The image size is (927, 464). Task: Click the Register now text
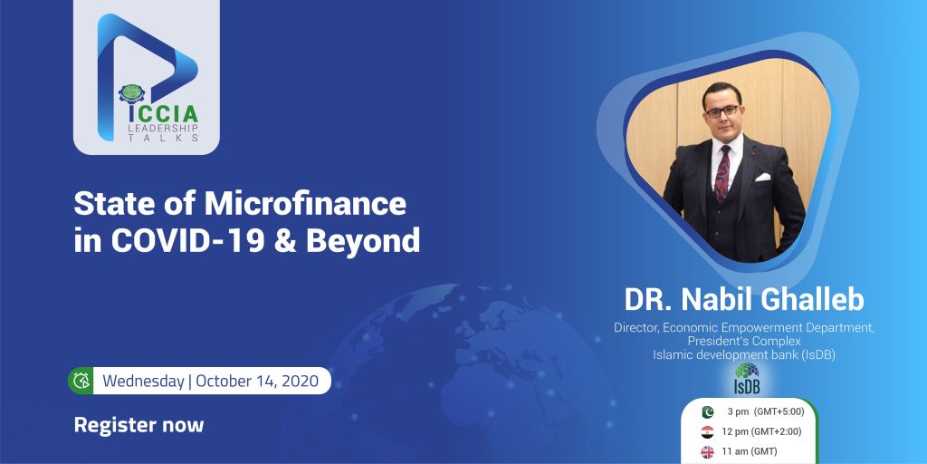(139, 425)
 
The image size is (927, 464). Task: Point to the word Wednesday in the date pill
(143, 381)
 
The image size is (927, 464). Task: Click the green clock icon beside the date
(81, 381)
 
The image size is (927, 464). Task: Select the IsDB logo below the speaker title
(747, 379)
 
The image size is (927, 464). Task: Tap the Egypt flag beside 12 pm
(708, 432)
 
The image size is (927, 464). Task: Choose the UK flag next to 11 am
(708, 452)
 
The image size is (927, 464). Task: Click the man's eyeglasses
(722, 110)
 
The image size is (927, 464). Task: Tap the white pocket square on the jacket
(763, 177)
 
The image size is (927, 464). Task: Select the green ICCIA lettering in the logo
(164, 113)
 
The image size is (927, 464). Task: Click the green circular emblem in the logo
(131, 93)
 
